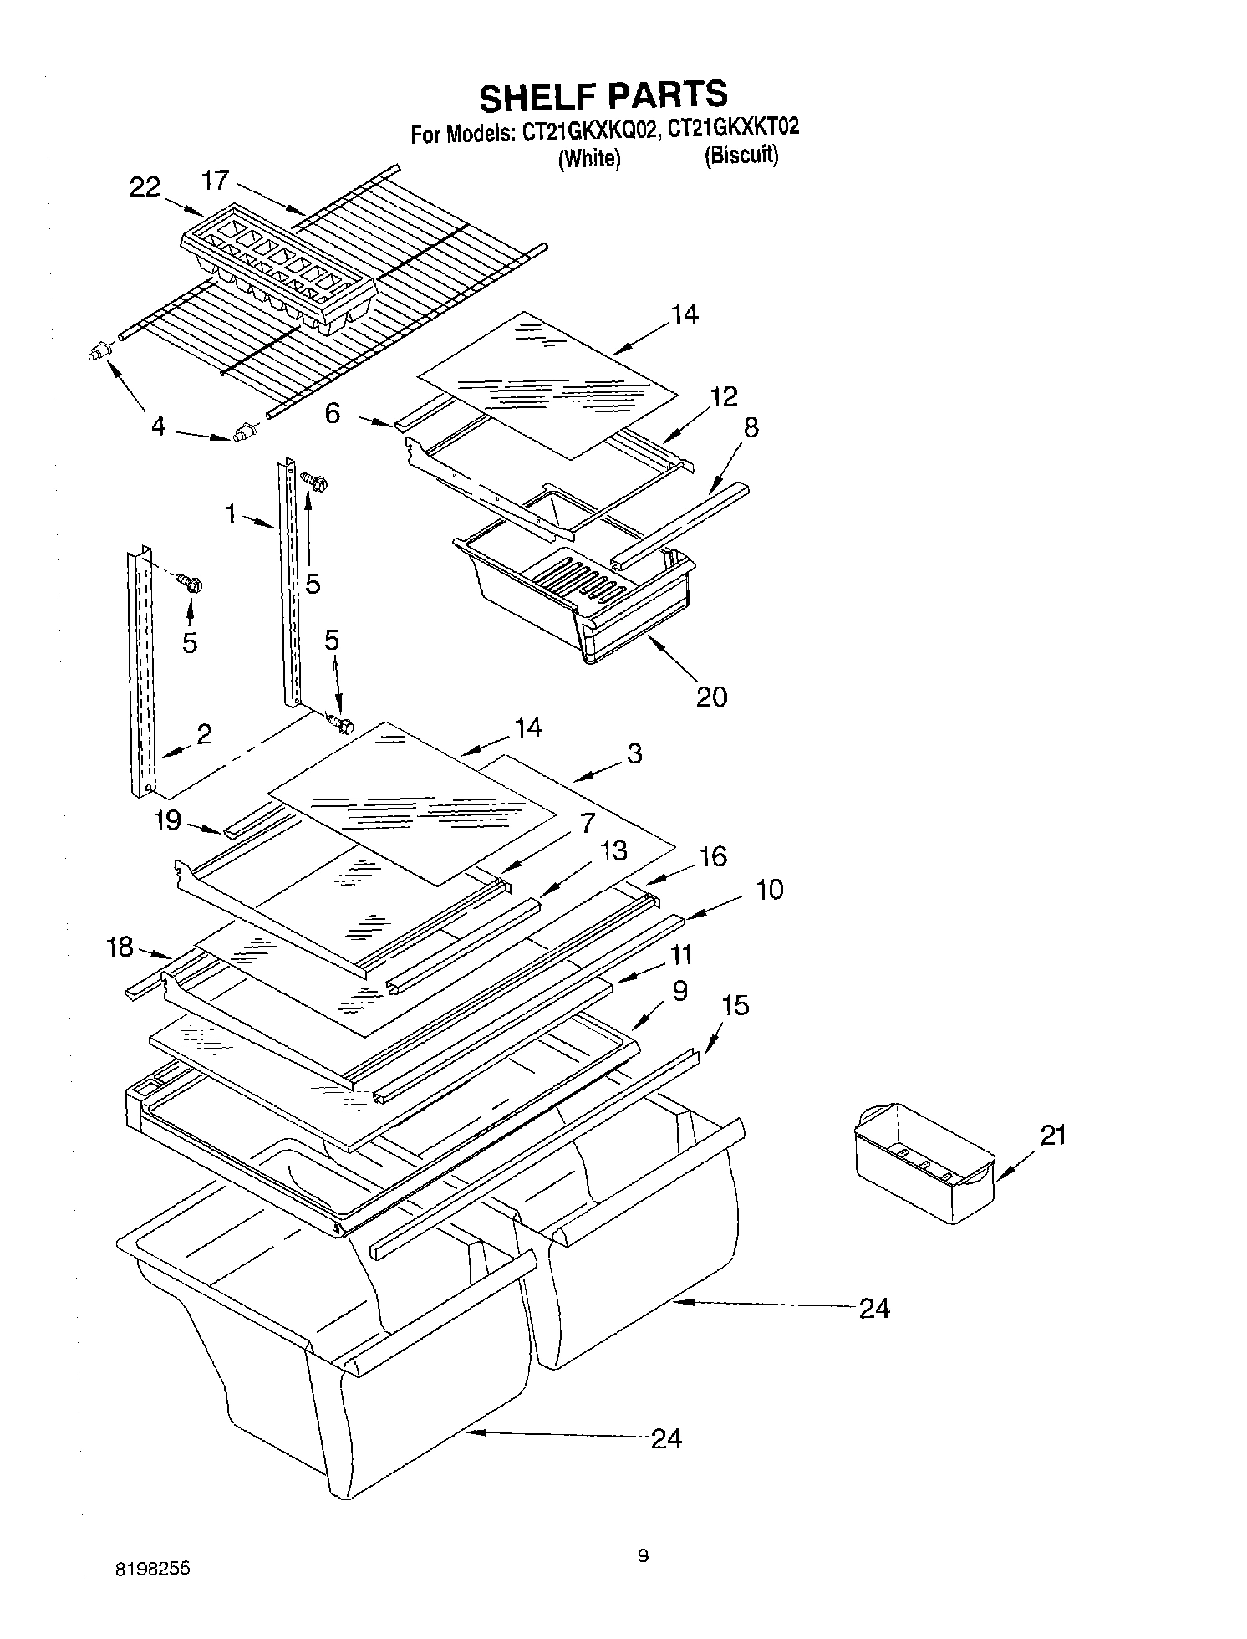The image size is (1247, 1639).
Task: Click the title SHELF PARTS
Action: coord(603,95)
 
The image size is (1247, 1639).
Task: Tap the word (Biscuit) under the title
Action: coord(741,156)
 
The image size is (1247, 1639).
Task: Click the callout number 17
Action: coord(215,181)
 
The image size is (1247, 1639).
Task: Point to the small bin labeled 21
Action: coord(924,1162)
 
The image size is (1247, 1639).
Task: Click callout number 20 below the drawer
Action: coord(711,696)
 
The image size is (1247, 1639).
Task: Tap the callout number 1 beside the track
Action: coord(231,513)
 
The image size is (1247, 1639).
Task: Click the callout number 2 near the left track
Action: coord(203,733)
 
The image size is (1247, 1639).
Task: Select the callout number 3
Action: coord(634,753)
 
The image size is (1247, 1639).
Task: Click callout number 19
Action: coord(168,819)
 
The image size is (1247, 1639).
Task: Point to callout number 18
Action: coord(120,947)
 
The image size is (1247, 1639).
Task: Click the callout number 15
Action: coord(735,1004)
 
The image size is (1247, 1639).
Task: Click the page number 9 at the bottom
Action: coord(642,1555)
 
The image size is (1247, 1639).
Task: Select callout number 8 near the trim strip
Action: coord(751,427)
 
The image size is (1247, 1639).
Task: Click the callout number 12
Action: coord(724,396)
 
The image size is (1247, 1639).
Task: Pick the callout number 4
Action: coord(158,426)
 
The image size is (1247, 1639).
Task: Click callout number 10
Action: coord(770,889)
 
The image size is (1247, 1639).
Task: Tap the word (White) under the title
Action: coord(589,158)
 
